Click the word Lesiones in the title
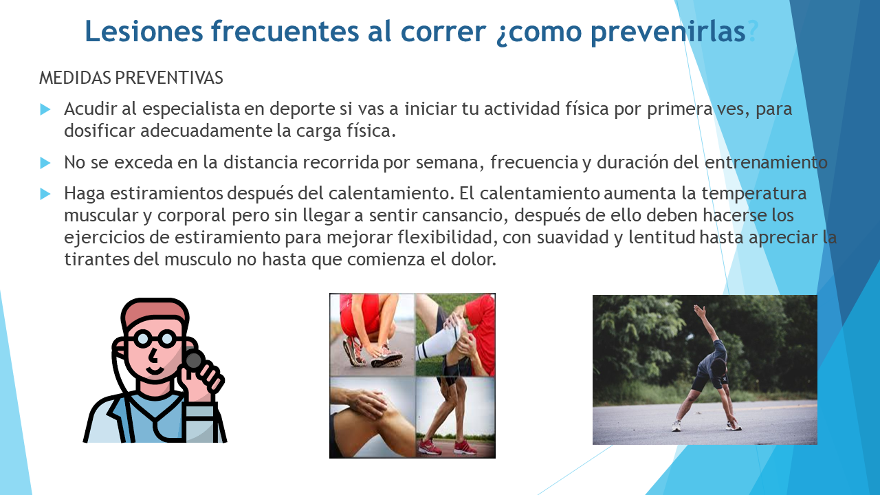(144, 31)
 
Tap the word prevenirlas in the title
(668, 32)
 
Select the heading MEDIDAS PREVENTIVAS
(131, 78)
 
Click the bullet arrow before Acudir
(45, 109)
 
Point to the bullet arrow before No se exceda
(45, 163)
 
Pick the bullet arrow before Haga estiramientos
(45, 194)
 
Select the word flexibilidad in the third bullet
(448, 237)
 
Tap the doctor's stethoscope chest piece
(195, 360)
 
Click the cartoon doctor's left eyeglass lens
(142, 339)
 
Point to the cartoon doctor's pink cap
(154, 313)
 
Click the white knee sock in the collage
(437, 342)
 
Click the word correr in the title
(443, 31)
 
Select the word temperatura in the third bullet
(754, 194)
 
